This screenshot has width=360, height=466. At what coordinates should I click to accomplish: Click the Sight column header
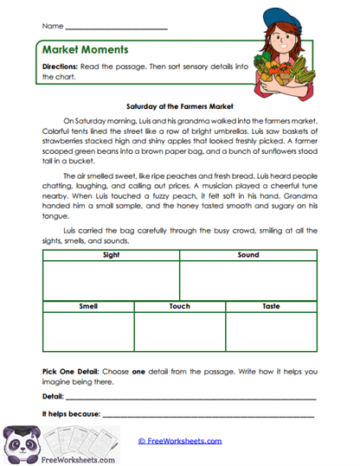pyautogui.click(x=111, y=256)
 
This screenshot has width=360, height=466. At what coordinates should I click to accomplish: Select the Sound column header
pyautogui.click(x=248, y=256)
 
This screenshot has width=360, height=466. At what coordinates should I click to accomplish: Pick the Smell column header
pyautogui.click(x=87, y=306)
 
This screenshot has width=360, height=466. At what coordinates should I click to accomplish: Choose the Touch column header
pyautogui.click(x=180, y=306)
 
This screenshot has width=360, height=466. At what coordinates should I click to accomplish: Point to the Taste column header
pyautogui.click(x=271, y=306)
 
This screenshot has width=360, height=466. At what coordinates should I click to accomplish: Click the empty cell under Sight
pyautogui.click(x=111, y=280)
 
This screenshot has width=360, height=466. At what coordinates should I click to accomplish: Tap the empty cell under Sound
pyautogui.click(x=248, y=280)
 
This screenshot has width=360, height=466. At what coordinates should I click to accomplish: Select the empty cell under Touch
pyautogui.click(x=180, y=332)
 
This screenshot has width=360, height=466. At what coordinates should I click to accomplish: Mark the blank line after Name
pyautogui.click(x=110, y=28)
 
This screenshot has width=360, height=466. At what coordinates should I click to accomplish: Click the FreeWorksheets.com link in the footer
pyautogui.click(x=184, y=440)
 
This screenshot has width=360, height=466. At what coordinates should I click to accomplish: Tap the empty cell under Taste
pyautogui.click(x=271, y=332)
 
